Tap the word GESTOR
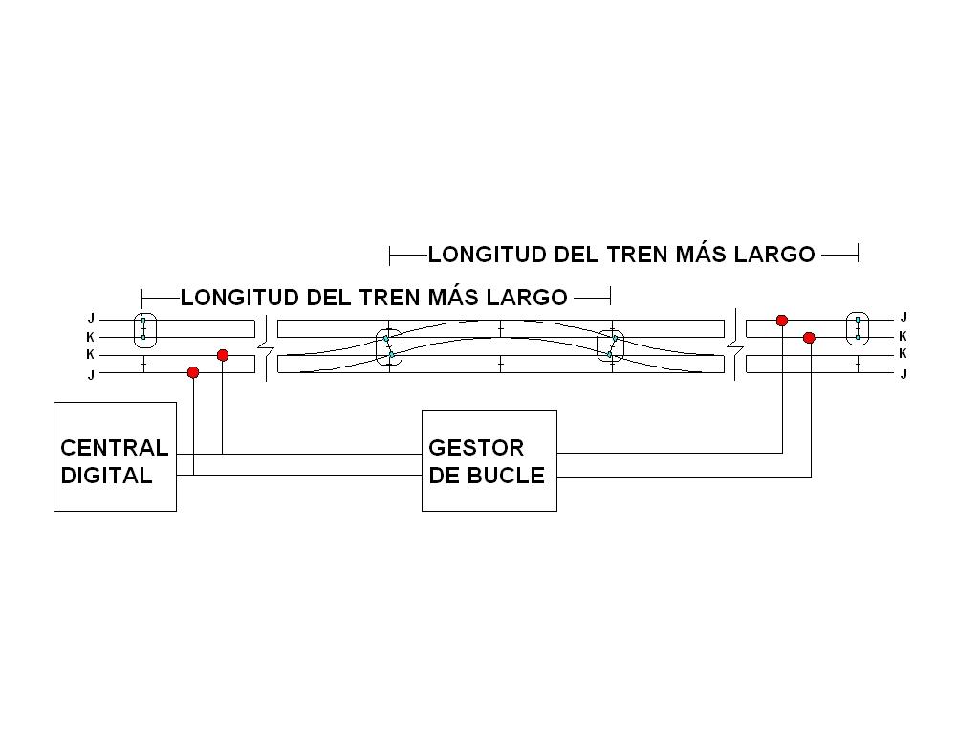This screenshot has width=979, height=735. click(476, 448)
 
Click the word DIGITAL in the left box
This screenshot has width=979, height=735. click(106, 476)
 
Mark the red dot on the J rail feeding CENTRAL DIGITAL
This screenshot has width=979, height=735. click(193, 372)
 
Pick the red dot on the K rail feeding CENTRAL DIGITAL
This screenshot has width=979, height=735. click(222, 355)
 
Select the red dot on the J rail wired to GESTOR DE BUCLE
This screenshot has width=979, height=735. click(782, 320)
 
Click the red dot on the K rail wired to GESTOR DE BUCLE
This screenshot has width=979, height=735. click(809, 338)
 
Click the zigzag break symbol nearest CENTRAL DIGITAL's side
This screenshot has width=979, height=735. click(267, 347)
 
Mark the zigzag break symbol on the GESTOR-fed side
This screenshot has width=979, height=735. click(735, 345)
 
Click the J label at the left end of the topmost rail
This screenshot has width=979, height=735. click(91, 319)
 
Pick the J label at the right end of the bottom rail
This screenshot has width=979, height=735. click(903, 374)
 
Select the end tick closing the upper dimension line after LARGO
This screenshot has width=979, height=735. click(858, 253)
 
